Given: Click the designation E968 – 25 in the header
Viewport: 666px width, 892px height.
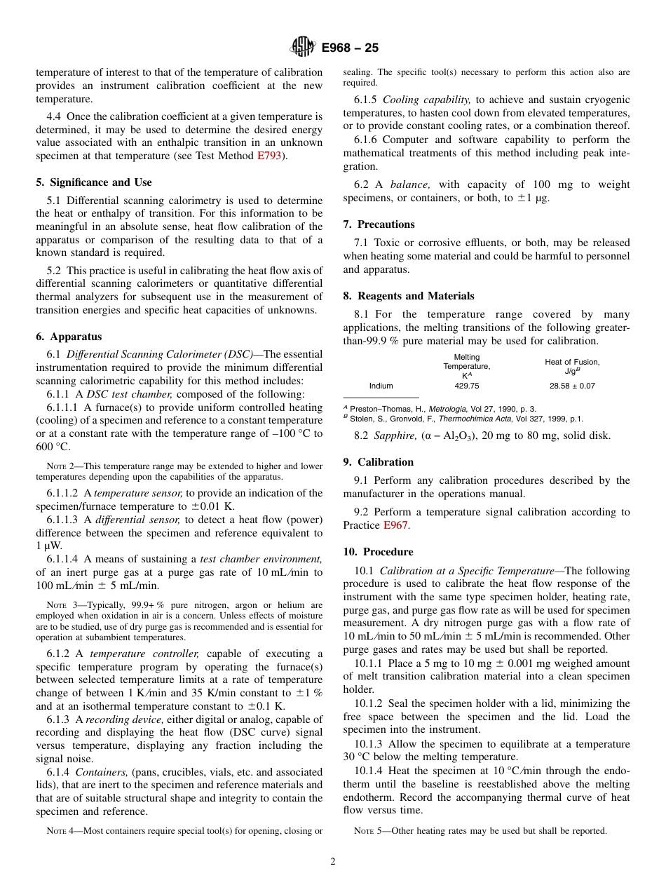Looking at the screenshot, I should click(350, 48).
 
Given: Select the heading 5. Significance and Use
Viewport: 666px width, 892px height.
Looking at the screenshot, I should click(93, 182).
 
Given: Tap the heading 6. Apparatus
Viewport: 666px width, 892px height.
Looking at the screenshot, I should click(69, 337).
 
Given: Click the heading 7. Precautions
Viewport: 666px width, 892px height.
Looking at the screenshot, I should click(379, 224).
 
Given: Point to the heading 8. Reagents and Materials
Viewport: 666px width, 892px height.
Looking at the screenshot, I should click(409, 296).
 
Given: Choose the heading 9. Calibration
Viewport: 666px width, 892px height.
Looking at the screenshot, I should click(379, 462).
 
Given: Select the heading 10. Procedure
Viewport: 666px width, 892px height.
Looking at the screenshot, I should click(378, 552).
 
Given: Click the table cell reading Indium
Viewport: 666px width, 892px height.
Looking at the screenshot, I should click(381, 386).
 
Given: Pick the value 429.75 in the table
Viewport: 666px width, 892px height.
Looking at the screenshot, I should click(466, 386).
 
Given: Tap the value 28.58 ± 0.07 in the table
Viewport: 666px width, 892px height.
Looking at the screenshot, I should click(572, 386).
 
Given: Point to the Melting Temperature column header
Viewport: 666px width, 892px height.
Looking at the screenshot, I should click(466, 366).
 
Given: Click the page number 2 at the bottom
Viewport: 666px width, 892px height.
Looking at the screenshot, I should click(333, 862).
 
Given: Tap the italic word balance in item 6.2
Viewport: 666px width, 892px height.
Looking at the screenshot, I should click(410, 184).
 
